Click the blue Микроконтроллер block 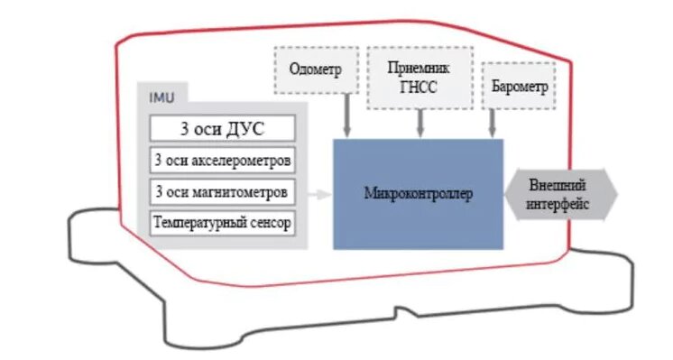418,194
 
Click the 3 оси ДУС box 222,127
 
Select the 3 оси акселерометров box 222,161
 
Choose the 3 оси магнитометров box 222,191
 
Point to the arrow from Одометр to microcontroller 346,117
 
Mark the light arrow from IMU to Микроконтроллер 318,194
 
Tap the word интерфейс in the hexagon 559,205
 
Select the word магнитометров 243,191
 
